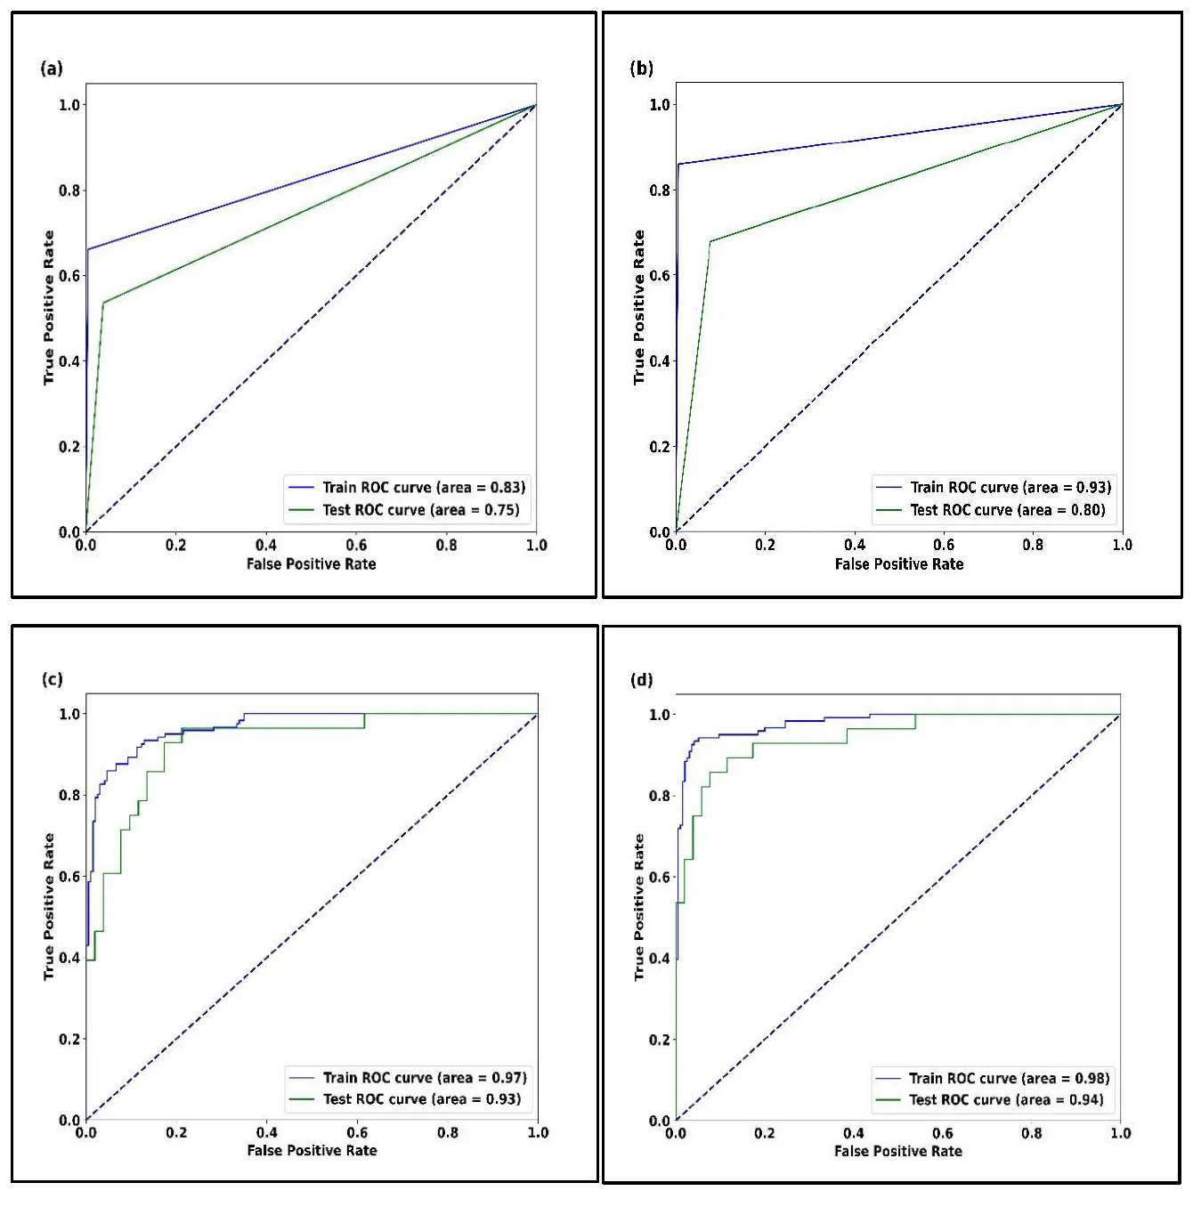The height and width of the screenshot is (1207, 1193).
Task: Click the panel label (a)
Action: coord(52,69)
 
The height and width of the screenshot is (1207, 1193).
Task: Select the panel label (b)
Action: coord(641,69)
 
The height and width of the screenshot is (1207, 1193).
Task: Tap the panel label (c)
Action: coord(52,680)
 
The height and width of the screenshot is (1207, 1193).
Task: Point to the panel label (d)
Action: coord(641,680)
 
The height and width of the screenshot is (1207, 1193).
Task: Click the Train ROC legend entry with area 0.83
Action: coord(424,488)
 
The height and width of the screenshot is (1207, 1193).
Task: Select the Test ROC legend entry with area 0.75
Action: coord(420,510)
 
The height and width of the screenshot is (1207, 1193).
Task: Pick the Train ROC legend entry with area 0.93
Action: coord(1010,488)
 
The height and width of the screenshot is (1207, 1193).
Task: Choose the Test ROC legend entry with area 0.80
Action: coord(1007,510)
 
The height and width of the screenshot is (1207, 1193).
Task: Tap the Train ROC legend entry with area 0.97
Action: coord(425,1078)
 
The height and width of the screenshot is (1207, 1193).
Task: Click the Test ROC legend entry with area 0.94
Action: coord(1006,1100)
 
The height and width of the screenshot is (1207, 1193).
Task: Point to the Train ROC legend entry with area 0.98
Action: coord(1009,1079)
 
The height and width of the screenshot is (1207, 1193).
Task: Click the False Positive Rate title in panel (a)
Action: coord(312,564)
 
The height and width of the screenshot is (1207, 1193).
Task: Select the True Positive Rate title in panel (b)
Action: coord(638,307)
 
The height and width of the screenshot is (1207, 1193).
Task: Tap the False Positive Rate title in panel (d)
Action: coord(898,1151)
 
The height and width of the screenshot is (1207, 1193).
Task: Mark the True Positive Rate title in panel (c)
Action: coord(49,907)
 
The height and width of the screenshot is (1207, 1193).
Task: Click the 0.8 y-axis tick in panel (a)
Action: coord(69,190)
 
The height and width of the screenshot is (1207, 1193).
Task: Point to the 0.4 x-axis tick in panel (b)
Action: coord(855,545)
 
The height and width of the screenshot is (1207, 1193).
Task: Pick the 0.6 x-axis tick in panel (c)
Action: coord(357,1133)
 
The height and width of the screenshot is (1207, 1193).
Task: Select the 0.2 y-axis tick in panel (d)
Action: coord(659,1040)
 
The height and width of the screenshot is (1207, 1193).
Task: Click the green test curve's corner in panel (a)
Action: coord(103,304)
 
